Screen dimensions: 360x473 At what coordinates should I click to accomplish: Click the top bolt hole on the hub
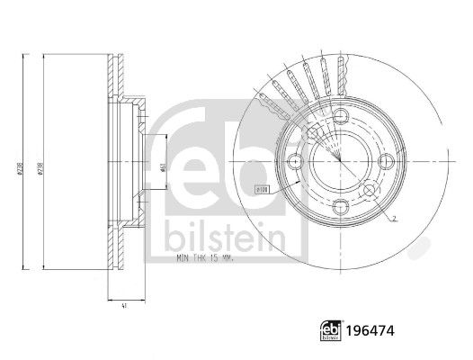pyautogui.click(x=342, y=118)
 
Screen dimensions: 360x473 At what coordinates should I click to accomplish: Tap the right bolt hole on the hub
pyautogui.click(x=385, y=161)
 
